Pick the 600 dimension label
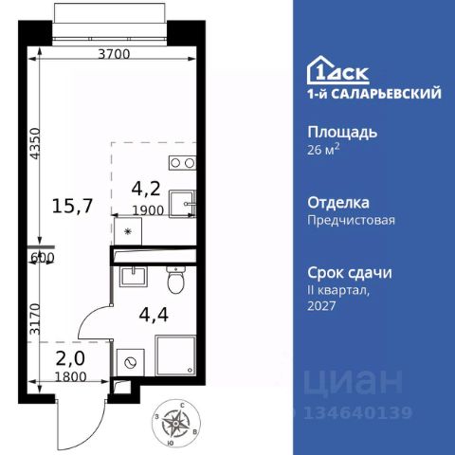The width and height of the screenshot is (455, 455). (x=42, y=257)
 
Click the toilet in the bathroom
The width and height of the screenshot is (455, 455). (x=173, y=280)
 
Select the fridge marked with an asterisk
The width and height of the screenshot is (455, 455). (x=128, y=231)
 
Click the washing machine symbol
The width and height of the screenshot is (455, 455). (x=129, y=360)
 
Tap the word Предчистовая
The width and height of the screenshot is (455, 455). (x=352, y=220)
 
